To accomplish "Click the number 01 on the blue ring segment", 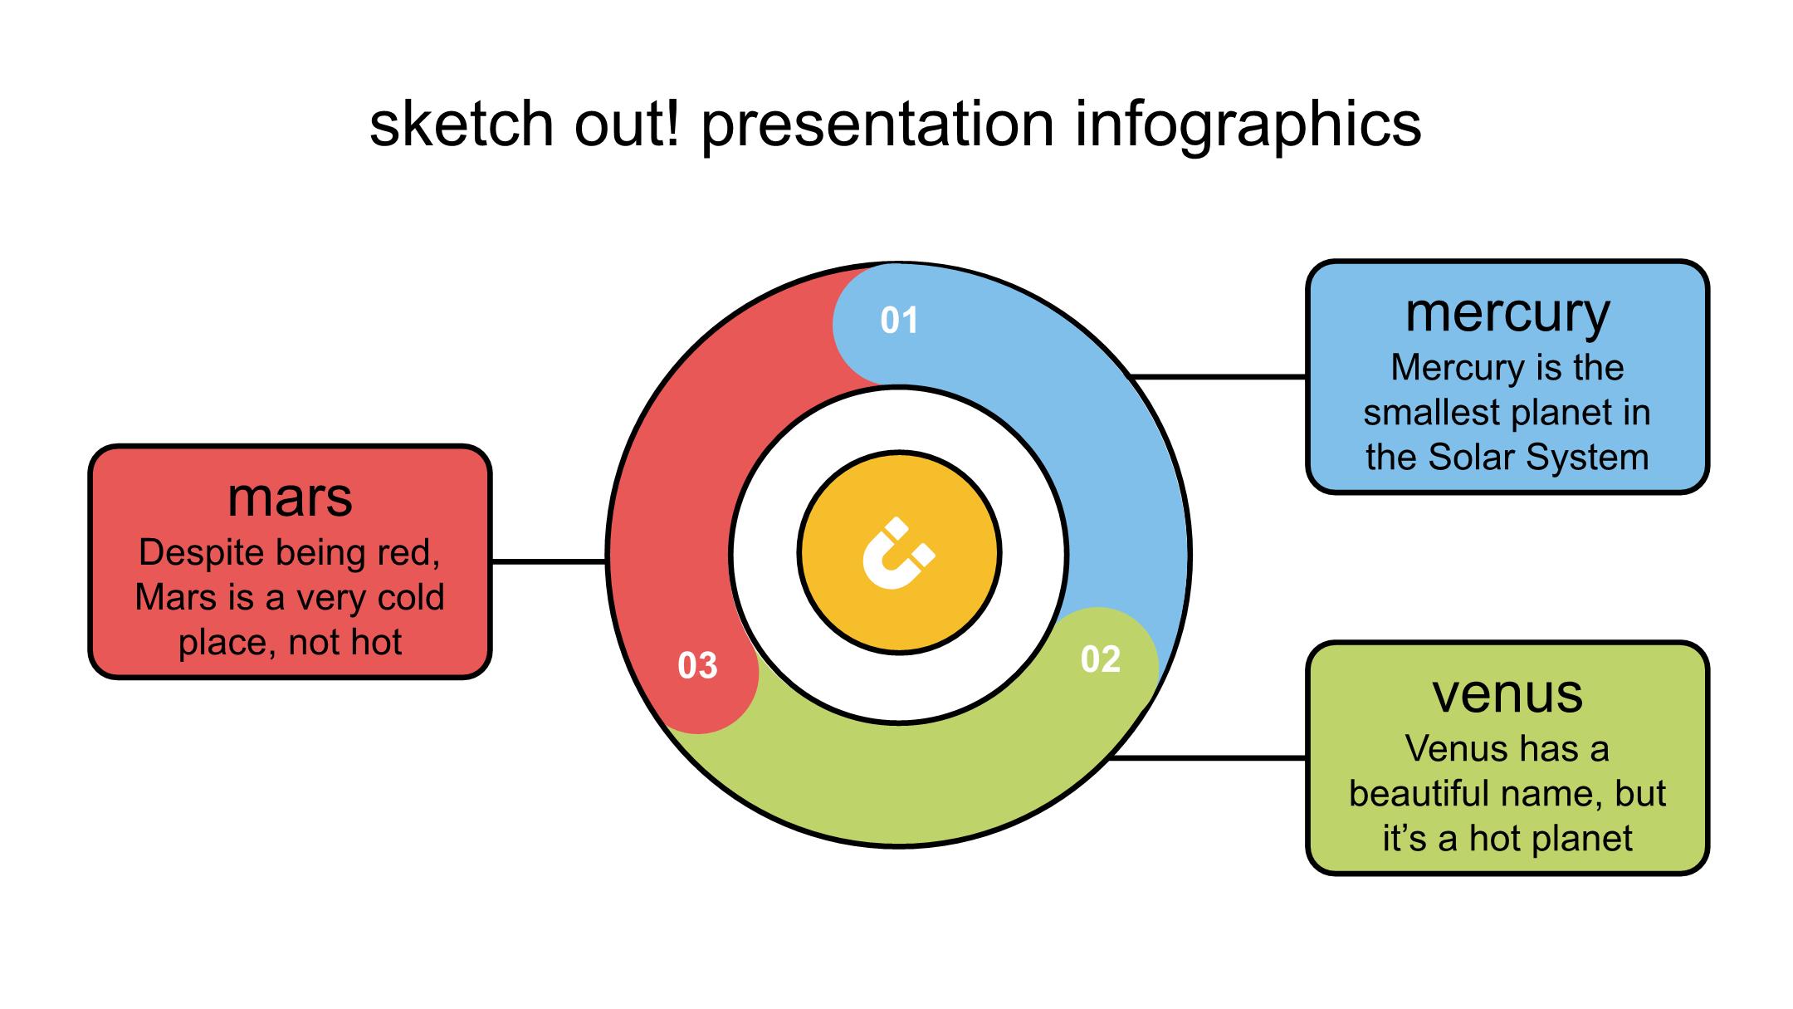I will pos(899,321).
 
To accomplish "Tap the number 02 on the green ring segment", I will pos(1101,659).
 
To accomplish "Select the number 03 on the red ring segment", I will pos(697,665).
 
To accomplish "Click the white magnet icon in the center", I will pos(898,554).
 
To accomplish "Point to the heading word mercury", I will pos(1507,314).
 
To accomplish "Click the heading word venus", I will pos(1507,694).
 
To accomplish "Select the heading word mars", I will pos(290,497).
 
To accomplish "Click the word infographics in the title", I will pos(1248,125).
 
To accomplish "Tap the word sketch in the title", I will pos(461,125).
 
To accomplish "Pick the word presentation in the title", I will pos(877,125).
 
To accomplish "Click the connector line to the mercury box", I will pos(1219,377).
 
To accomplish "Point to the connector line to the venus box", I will pos(1208,757).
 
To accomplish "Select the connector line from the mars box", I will pos(549,561).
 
